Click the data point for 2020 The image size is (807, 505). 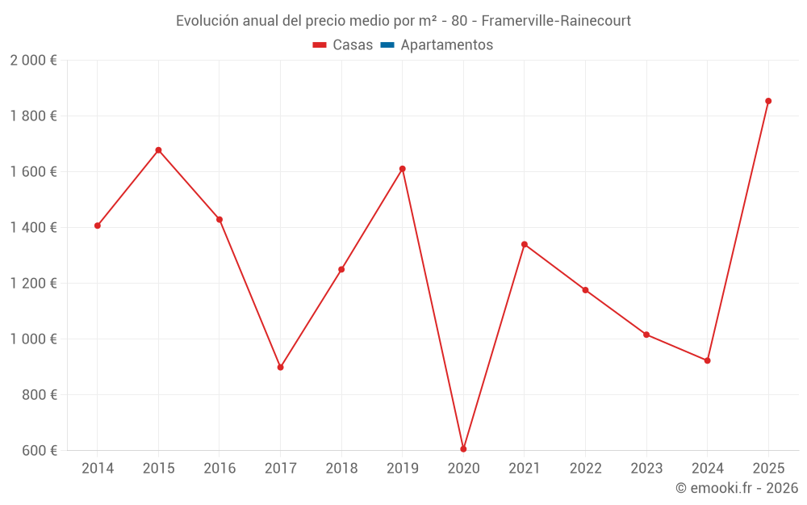(463, 449)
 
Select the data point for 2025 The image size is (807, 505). (768, 101)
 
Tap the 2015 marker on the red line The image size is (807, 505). (158, 150)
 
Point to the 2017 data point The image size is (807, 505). (281, 368)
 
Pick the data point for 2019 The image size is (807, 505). (403, 169)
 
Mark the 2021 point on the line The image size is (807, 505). (525, 244)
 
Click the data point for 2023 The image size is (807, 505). (646, 335)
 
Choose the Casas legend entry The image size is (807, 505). (343, 44)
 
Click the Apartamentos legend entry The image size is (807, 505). (437, 44)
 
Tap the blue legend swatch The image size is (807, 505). (387, 44)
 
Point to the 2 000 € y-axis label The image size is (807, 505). (33, 61)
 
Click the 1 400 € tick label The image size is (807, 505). (33, 227)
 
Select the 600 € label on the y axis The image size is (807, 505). (40, 450)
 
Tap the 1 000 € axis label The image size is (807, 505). (33, 339)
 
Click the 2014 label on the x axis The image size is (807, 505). (98, 468)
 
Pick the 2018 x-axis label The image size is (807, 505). (341, 468)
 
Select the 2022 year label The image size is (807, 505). (586, 468)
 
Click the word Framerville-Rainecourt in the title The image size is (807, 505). (556, 21)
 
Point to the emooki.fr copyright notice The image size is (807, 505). (737, 487)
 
